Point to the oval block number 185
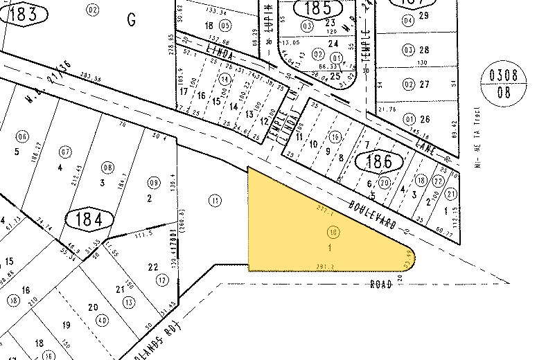pos(317,10)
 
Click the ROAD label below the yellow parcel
pos(381,283)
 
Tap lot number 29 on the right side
pos(424,15)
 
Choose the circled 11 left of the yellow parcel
pos(216,200)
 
